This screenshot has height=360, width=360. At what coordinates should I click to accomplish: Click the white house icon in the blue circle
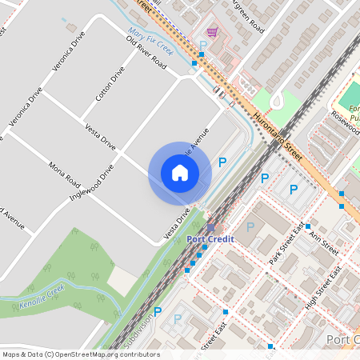coord(179,173)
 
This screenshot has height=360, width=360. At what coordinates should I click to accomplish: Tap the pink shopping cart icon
coord(211,32)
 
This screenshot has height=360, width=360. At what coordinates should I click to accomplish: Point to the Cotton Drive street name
coord(110,84)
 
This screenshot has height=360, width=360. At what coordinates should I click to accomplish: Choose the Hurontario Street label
coord(282,140)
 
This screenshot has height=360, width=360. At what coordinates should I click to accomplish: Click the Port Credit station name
coord(210,238)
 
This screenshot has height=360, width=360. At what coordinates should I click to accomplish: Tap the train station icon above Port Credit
coord(210,228)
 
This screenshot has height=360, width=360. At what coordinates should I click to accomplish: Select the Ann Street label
coord(324,241)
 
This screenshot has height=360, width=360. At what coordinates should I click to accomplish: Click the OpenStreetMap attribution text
coord(80,354)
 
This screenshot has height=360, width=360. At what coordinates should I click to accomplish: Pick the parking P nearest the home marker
coord(222,162)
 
